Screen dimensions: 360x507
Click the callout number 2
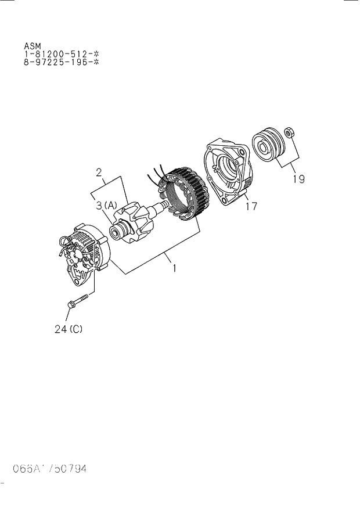tap(99, 171)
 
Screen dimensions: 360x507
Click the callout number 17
tap(251, 206)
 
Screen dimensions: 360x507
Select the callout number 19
tap(298, 179)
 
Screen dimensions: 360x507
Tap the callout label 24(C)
tap(68, 329)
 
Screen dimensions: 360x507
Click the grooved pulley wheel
tap(267, 146)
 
